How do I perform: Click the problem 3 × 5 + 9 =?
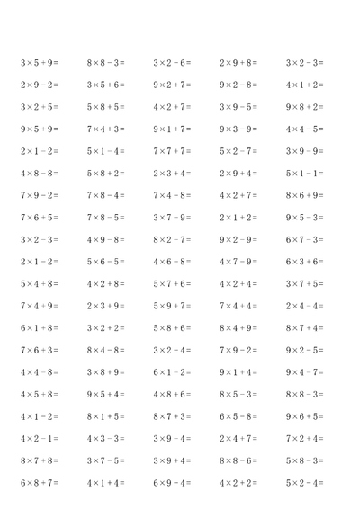[x=39, y=63]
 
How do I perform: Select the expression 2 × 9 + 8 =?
[x=238, y=63]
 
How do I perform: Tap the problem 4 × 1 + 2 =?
[x=304, y=85]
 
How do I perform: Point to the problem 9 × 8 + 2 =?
[x=304, y=107]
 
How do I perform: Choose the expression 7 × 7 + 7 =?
[x=172, y=151]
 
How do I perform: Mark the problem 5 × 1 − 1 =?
[x=304, y=173]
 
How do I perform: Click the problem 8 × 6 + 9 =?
[x=304, y=195]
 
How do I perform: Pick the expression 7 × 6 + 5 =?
[x=39, y=218]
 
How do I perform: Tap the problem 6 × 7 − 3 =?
[x=304, y=239]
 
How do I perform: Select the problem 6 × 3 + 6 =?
[x=304, y=262]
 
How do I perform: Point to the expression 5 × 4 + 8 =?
[x=39, y=283]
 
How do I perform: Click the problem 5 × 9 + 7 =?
[x=172, y=306]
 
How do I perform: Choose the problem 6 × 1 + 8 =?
[x=39, y=328]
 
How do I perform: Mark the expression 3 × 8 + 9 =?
[x=105, y=372]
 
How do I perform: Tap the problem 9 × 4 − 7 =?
[x=304, y=372]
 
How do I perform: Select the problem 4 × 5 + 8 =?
[x=39, y=394]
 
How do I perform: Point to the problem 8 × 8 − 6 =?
[x=238, y=460]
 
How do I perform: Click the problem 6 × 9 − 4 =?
[x=172, y=483]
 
